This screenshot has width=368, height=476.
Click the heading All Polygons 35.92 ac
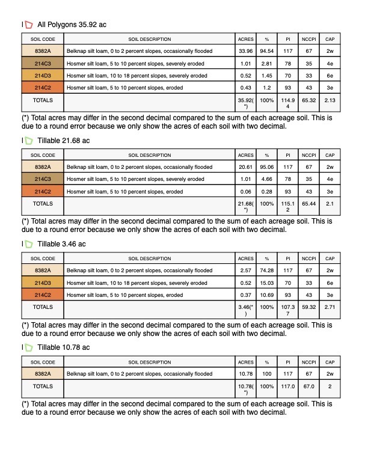click(x=72, y=25)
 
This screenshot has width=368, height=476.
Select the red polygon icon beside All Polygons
click(x=28, y=25)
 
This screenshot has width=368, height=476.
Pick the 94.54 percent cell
click(x=266, y=52)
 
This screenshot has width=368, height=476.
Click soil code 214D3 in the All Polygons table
click(x=43, y=76)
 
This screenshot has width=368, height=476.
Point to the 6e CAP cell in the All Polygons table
click(x=330, y=76)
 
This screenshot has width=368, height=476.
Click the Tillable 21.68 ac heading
click(x=63, y=141)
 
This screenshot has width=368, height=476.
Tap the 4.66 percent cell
click(x=266, y=179)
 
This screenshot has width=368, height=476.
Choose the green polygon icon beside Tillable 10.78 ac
click(x=28, y=347)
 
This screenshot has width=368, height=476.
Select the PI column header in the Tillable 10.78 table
click(x=288, y=362)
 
